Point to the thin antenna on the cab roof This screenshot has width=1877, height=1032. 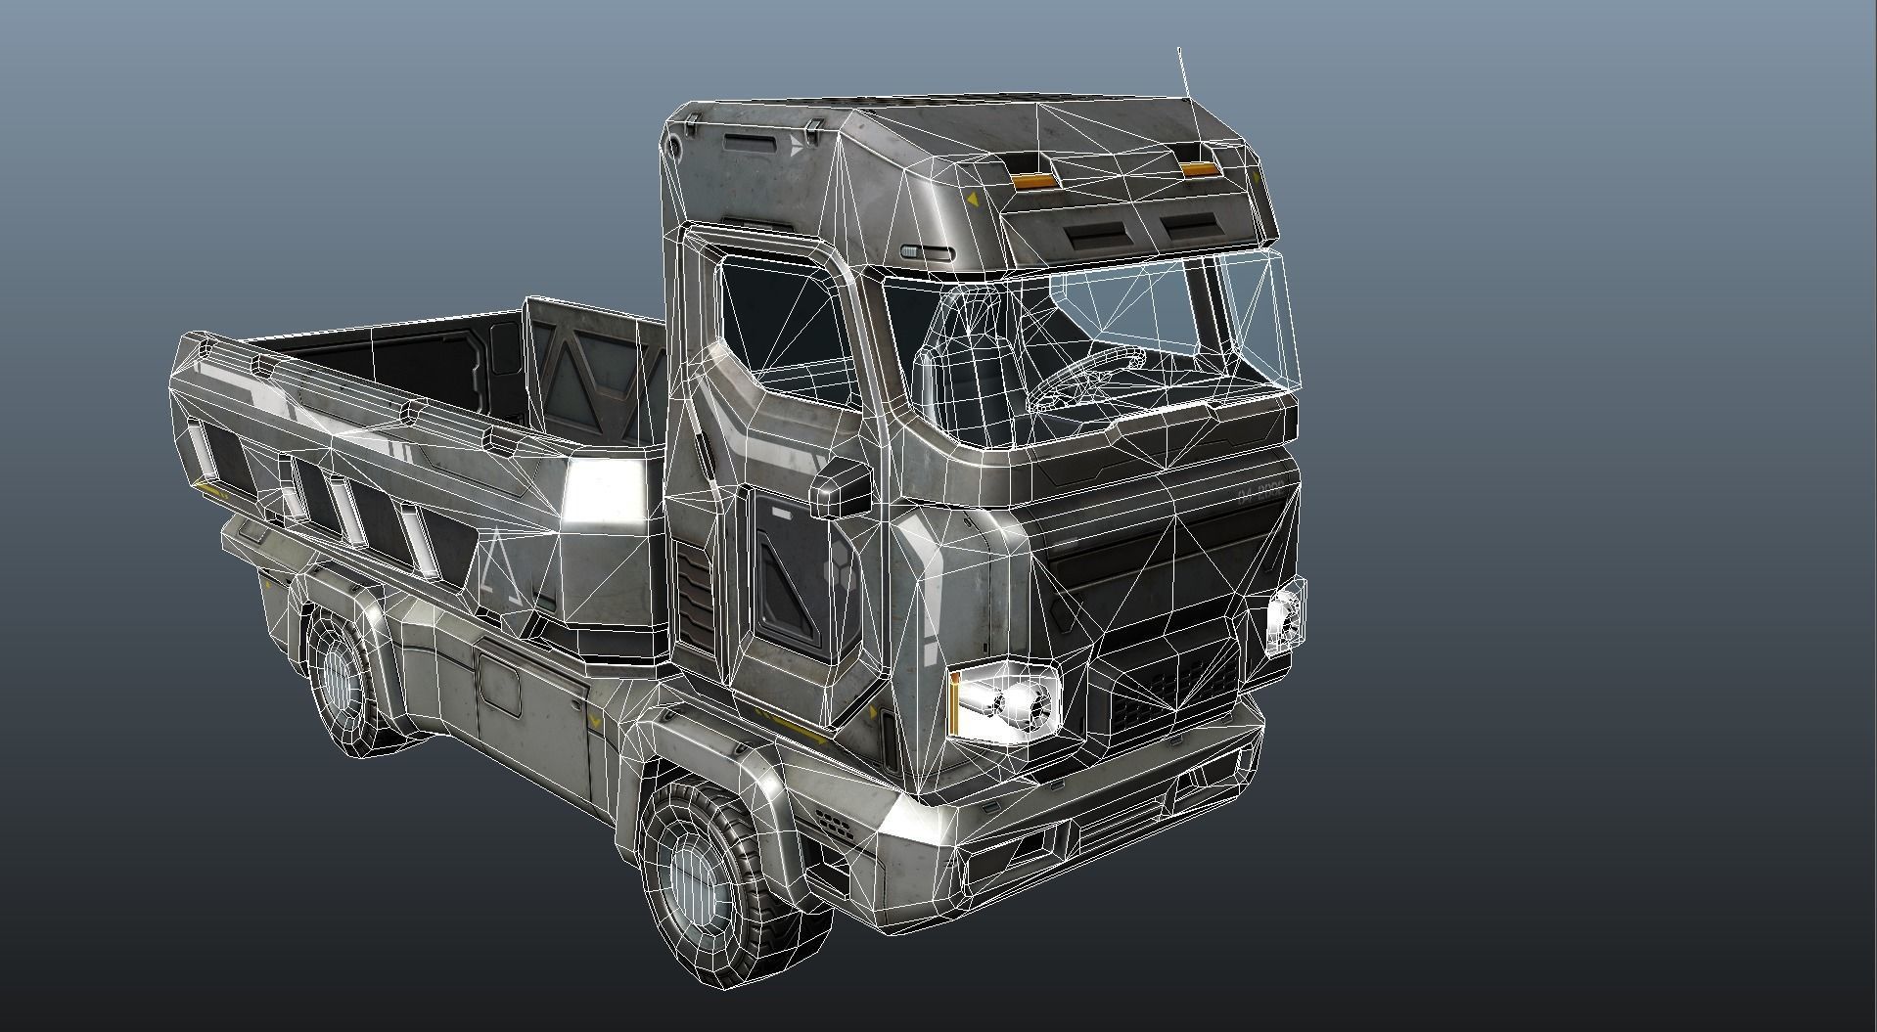(x=1183, y=72)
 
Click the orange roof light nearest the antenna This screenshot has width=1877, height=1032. (x=1197, y=171)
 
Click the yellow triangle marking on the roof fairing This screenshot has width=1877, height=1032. (x=972, y=199)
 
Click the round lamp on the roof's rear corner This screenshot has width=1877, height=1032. (x=675, y=144)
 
